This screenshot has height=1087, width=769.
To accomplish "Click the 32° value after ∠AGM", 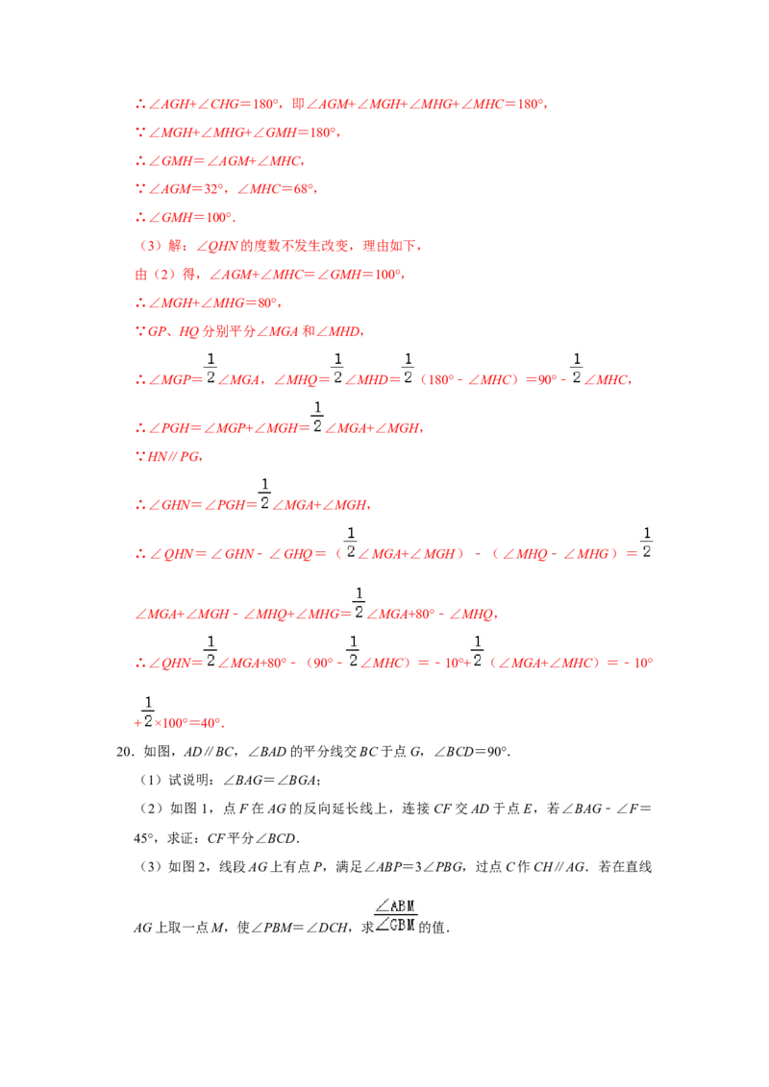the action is click(x=213, y=189).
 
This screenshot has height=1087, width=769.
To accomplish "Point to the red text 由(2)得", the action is click(x=165, y=275).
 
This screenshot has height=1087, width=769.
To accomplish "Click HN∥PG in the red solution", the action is click(x=174, y=457).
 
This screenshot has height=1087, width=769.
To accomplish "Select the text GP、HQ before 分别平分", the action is click(x=174, y=331).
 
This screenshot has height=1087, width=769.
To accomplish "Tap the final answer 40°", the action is click(x=211, y=723).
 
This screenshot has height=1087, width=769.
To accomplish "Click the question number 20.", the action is click(x=124, y=752).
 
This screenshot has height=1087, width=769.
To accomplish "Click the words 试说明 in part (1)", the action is click(x=188, y=781).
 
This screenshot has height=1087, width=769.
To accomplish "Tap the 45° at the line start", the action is click(x=143, y=839).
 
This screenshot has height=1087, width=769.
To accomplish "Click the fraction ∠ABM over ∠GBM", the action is click(x=396, y=916).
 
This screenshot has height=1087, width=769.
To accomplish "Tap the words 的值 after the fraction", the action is click(x=432, y=928).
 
